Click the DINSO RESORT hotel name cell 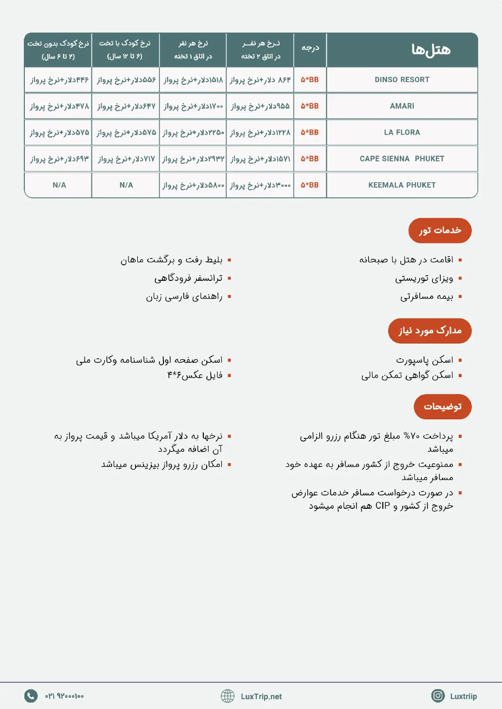(x=402, y=80)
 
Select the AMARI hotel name (x=402, y=106)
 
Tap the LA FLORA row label (x=402, y=132)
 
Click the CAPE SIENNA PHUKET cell (x=402, y=158)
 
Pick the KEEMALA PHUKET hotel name (x=402, y=185)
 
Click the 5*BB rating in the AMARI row (x=310, y=106)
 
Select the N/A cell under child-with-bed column (x=126, y=185)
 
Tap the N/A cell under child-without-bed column (x=59, y=185)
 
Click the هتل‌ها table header (x=430, y=50)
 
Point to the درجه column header (x=310, y=48)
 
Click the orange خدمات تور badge (x=440, y=230)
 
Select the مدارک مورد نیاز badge (x=430, y=331)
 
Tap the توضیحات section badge (x=443, y=407)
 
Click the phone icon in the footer (x=31, y=696)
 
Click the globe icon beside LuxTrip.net (x=228, y=696)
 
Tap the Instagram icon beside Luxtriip (x=438, y=696)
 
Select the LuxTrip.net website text (x=261, y=696)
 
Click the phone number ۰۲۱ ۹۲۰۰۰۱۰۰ (x=64, y=696)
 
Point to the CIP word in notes (x=383, y=506)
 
